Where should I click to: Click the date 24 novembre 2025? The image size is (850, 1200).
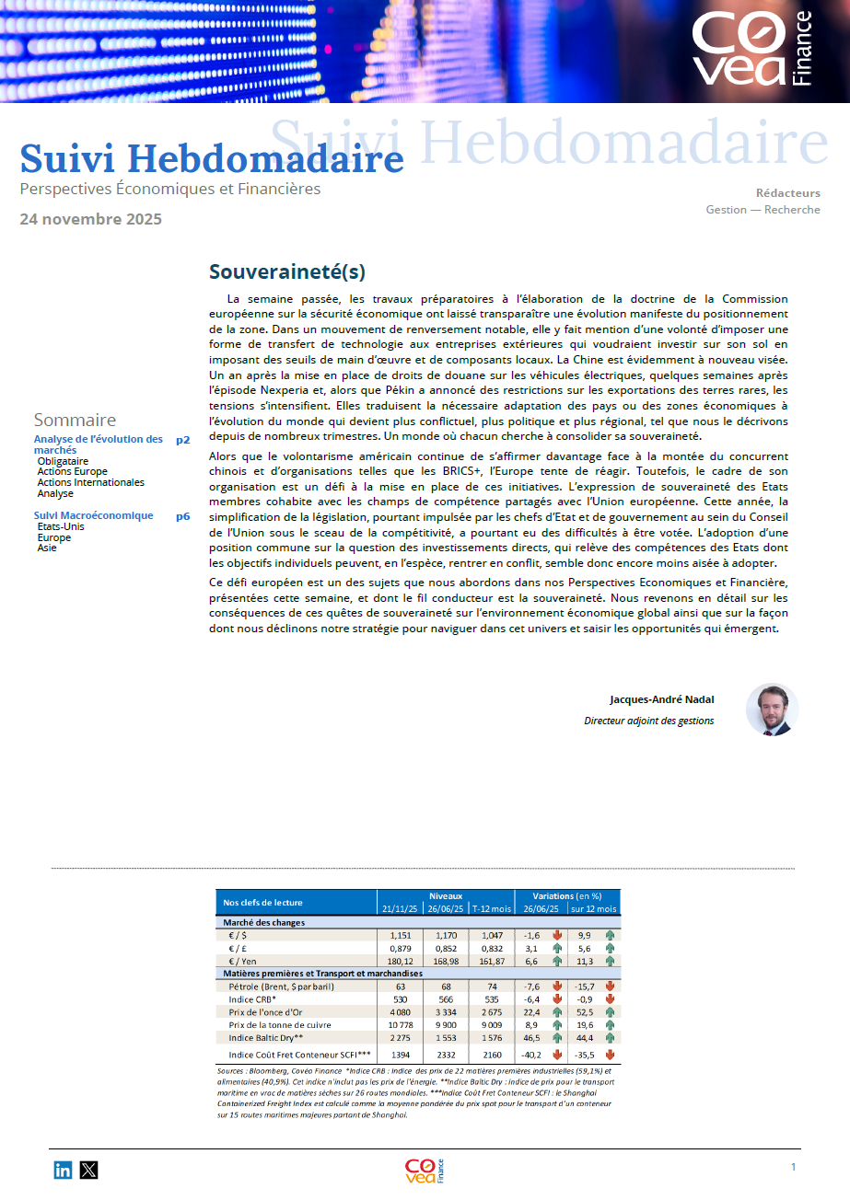pos(90,219)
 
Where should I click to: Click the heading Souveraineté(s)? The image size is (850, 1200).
pos(287,271)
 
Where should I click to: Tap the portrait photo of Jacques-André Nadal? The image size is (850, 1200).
pos(772,710)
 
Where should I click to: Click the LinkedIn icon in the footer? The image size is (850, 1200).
pos(63,1171)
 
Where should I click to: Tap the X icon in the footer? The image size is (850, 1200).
pos(88,1171)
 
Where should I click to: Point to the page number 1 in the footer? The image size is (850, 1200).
pos(793,1167)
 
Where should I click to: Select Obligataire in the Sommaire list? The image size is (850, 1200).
pos(64,461)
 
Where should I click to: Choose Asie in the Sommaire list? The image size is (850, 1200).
pos(47,548)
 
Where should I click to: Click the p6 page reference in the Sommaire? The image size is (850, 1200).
pos(183,516)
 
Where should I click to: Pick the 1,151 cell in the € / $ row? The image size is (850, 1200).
pos(399,936)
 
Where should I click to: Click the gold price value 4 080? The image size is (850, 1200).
pos(399,1012)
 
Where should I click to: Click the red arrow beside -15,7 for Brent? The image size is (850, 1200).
pos(610,987)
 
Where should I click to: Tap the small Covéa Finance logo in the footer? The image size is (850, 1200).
pos(425,1171)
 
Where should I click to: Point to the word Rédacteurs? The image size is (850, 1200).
pos(787,193)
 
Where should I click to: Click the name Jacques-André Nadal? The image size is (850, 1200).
pos(661,700)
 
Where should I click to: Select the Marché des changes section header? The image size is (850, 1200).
pos(264,922)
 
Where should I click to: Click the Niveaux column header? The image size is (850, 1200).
pos(446,895)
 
